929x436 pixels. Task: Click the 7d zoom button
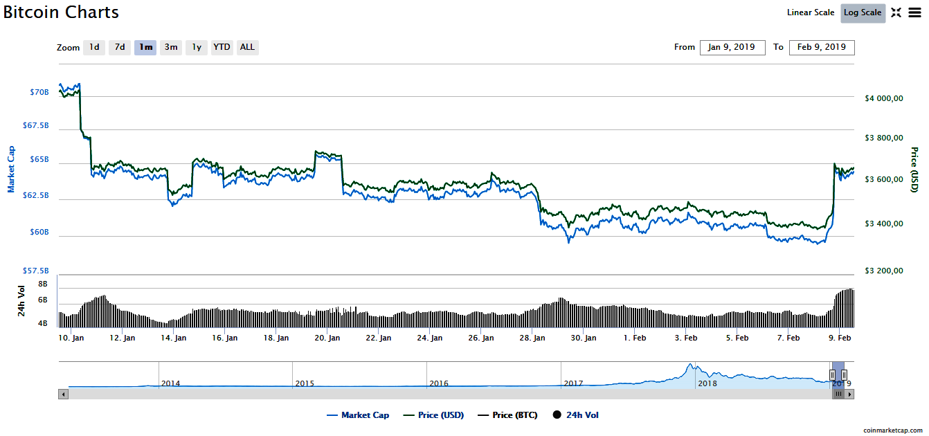point(120,48)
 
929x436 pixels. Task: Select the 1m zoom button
point(145,48)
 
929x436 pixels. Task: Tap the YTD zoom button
point(222,48)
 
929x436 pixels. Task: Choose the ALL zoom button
point(247,48)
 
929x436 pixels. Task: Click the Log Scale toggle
point(863,12)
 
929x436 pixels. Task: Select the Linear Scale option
point(811,12)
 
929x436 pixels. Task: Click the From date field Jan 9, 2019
point(732,48)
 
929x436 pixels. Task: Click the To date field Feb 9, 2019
point(821,48)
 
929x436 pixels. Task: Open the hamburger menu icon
point(914,12)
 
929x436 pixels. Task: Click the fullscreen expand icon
point(896,12)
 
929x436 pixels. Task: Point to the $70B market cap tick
point(39,92)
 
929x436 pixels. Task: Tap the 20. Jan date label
point(327,338)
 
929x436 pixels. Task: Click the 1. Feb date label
point(635,338)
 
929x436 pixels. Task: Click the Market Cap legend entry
point(358,415)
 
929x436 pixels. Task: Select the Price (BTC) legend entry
point(507,415)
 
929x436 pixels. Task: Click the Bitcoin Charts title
point(61,12)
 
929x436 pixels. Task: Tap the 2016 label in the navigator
point(439,383)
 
